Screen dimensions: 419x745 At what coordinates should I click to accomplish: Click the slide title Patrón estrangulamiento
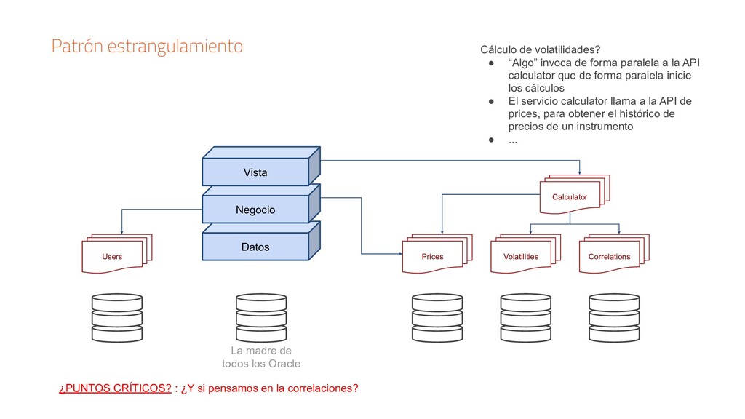[x=146, y=47]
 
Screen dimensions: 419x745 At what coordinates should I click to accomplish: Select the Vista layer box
[x=255, y=172]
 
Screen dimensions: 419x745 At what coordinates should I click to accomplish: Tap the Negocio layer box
[x=255, y=209]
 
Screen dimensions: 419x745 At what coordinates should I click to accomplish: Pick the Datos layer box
[x=255, y=247]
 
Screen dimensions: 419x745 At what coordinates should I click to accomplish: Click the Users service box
[x=113, y=256]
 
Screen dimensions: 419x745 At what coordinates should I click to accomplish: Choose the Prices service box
[x=434, y=256]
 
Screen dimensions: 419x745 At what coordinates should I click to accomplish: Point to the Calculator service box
[x=570, y=196]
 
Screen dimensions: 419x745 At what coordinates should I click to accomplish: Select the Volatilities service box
[x=522, y=256]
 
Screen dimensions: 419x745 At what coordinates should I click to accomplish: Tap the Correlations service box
[x=610, y=256]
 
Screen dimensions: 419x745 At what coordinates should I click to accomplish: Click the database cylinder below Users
[x=116, y=318]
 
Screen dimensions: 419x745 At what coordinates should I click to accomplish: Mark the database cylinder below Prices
[x=437, y=318]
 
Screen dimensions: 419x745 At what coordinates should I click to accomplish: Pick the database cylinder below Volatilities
[x=525, y=318]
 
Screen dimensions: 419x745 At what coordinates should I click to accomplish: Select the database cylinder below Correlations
[x=613, y=318]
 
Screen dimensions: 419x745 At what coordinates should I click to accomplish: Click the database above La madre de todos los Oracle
[x=260, y=318]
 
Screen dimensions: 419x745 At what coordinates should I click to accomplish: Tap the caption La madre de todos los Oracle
[x=260, y=357]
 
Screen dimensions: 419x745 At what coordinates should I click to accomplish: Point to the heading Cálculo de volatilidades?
[x=539, y=49]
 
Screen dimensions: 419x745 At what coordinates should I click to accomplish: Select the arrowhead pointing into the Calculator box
[x=579, y=172]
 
